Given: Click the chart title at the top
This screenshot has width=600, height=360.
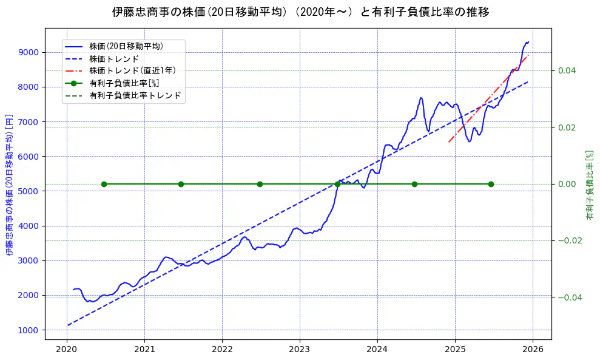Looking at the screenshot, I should coord(300,12).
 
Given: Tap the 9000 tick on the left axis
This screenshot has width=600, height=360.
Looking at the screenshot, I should coord(29,52).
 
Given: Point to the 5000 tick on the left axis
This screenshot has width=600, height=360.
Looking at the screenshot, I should coord(29,191).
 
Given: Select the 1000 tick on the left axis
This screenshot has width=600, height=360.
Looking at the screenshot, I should coord(29,330).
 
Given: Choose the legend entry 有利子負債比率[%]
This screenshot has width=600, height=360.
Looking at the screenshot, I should coord(124,83).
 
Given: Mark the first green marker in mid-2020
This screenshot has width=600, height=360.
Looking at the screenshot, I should coord(104,184).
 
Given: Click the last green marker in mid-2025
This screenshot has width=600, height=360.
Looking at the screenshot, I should coord(491,184).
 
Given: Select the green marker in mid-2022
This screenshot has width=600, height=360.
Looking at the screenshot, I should coord(260,184).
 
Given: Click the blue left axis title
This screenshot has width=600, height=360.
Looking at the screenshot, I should coord(10,185).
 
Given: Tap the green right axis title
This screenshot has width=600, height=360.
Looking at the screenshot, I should coord(589,185).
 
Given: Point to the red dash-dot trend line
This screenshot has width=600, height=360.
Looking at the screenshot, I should coord(485,104).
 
